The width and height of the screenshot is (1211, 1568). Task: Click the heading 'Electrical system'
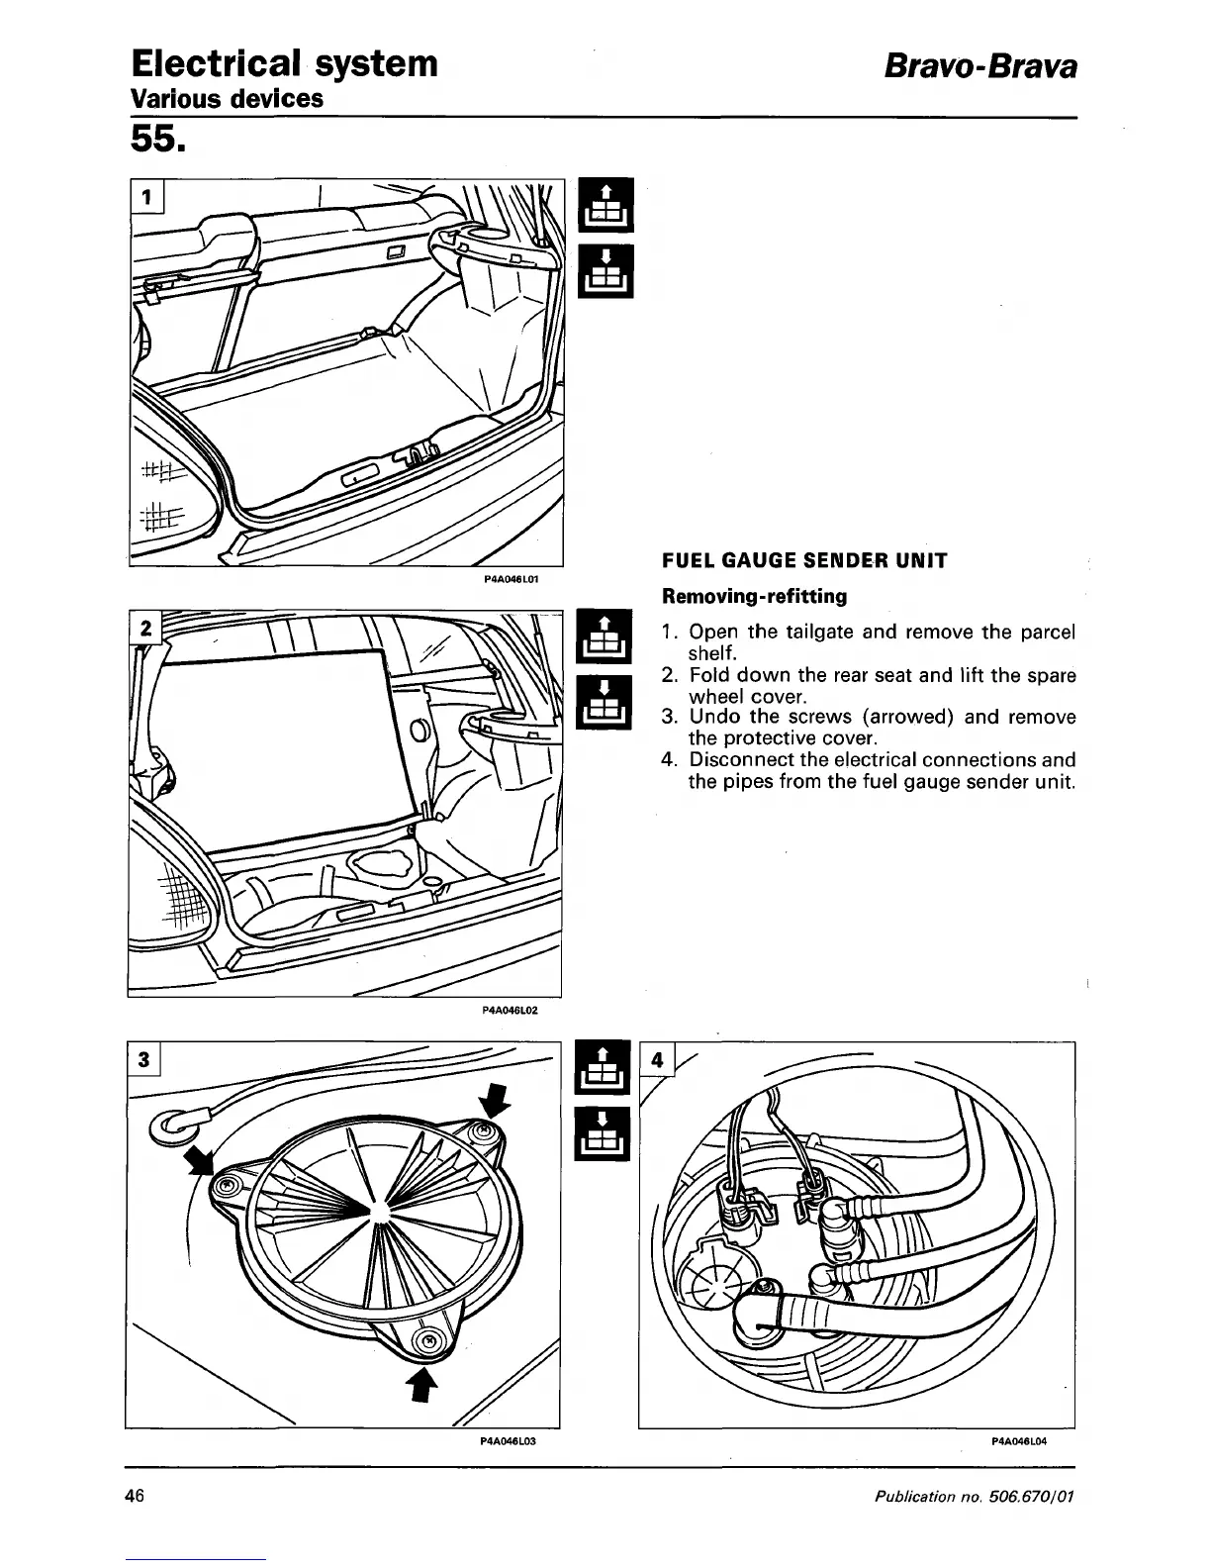[x=284, y=63]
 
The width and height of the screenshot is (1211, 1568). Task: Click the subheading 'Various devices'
[x=228, y=99]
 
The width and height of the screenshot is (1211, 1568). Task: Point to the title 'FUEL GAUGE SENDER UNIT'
[x=804, y=561]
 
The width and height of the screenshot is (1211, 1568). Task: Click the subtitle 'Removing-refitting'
[x=754, y=597]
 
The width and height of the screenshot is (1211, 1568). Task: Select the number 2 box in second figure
[x=146, y=628]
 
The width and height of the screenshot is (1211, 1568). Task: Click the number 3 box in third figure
[x=144, y=1059]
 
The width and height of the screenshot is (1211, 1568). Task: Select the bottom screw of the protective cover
[x=427, y=1342]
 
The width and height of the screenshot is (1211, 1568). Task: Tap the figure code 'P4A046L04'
[x=1018, y=1441]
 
